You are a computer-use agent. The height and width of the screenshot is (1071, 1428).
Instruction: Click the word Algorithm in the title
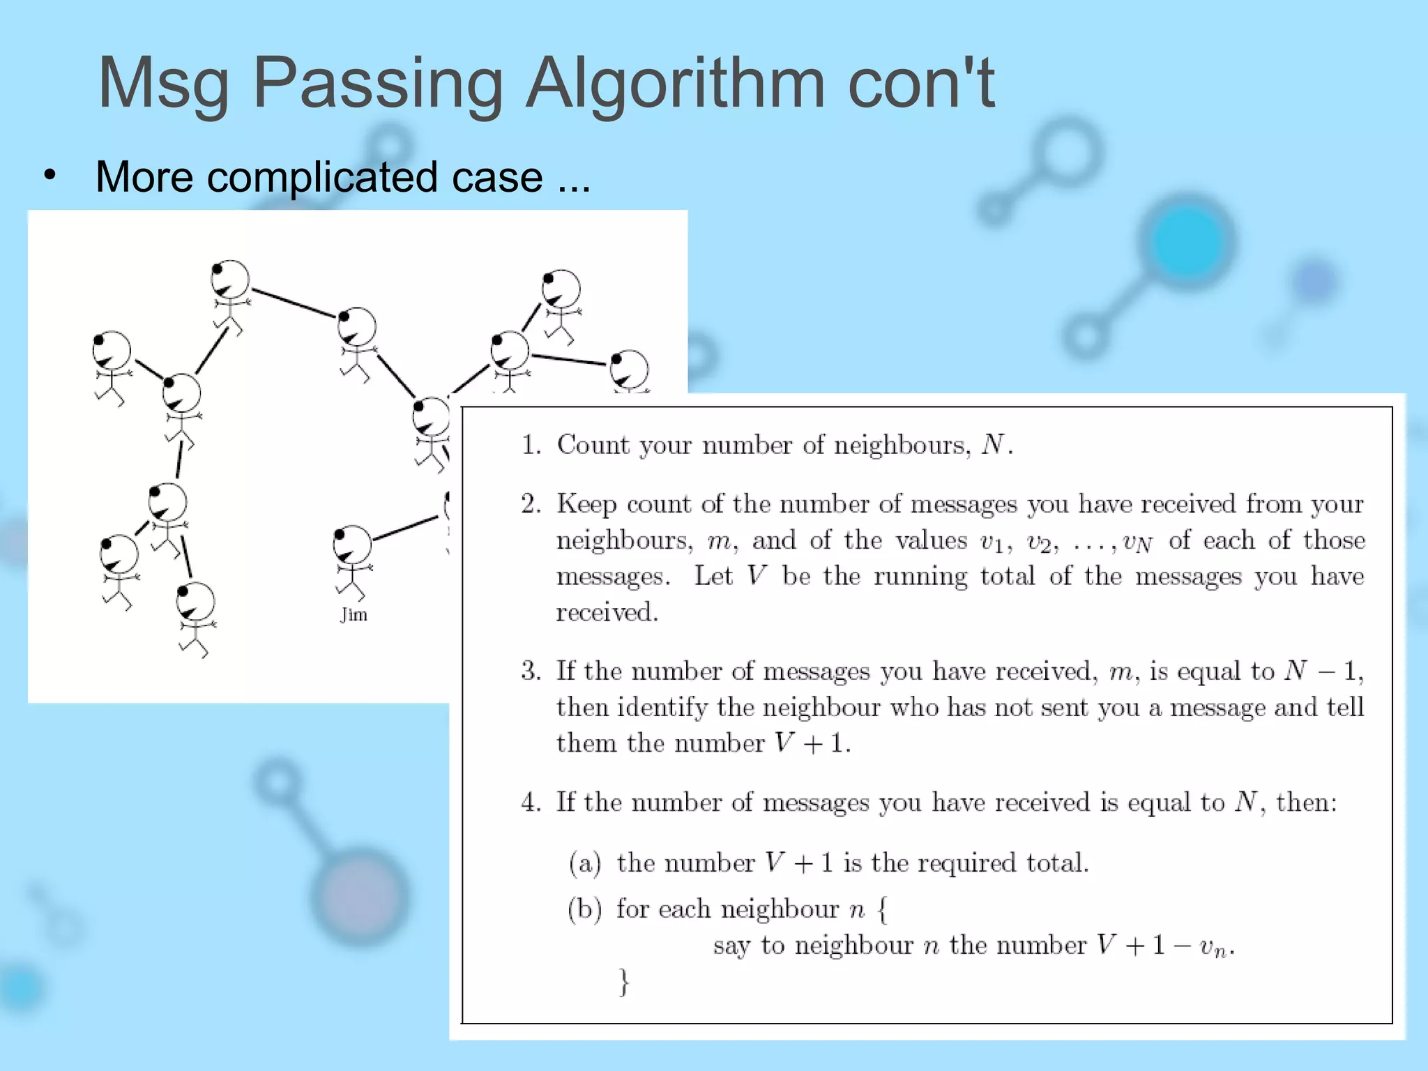tap(674, 84)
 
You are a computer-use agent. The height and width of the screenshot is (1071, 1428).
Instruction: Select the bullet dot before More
tap(49, 175)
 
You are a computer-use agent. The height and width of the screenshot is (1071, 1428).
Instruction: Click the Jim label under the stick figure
tap(354, 614)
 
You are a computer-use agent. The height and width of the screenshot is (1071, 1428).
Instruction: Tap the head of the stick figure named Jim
tap(353, 544)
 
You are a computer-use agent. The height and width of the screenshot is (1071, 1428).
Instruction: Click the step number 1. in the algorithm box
tap(531, 445)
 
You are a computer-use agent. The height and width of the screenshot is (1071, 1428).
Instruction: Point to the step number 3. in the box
tap(531, 671)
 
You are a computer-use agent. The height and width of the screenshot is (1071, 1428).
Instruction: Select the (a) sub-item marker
tap(585, 863)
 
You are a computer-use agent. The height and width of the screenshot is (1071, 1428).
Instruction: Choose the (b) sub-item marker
tap(585, 909)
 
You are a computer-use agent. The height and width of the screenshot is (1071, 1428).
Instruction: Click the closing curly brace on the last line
tap(624, 982)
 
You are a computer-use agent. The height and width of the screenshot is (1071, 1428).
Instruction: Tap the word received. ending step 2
tap(607, 612)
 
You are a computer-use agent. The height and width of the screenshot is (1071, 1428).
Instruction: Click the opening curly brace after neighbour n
tap(883, 909)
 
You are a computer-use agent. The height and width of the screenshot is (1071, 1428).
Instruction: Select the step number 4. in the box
tap(531, 803)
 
